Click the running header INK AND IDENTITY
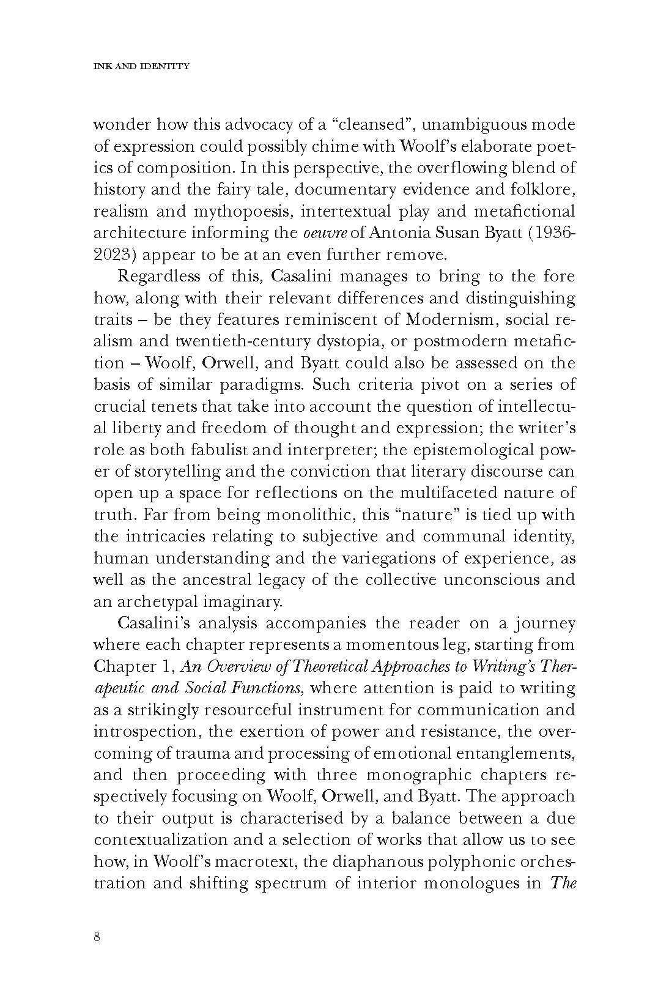point(141,66)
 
